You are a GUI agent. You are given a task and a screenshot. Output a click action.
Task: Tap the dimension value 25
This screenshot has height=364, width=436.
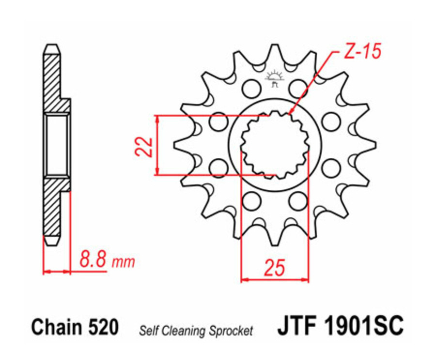pos(274,267)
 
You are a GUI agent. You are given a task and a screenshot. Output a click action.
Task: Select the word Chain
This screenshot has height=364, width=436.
pos(54,328)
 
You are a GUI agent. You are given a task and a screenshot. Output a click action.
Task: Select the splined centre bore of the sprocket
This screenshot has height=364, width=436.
pos(275,143)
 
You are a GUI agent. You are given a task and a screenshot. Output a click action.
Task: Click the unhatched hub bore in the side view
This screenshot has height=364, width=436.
pos(57,145)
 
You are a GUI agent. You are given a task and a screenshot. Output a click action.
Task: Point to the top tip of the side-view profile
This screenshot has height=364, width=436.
pos(52,46)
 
